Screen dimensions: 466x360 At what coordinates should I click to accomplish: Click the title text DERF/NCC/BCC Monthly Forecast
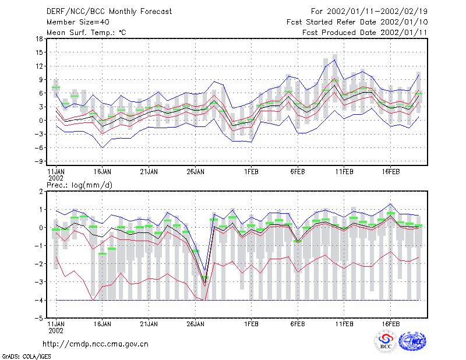pyautogui.click(x=109, y=12)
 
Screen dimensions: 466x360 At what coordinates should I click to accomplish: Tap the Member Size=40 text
pyautogui.click(x=78, y=22)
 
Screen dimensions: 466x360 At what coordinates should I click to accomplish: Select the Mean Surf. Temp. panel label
pyautogui.click(x=86, y=33)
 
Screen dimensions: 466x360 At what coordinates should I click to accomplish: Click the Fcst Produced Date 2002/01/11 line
pyautogui.click(x=365, y=33)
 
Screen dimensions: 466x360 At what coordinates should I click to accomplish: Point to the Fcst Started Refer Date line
pyautogui.click(x=357, y=22)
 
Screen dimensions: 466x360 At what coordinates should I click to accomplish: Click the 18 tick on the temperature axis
pyautogui.click(x=39, y=38)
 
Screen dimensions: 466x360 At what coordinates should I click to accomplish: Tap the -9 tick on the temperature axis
pyautogui.click(x=38, y=161)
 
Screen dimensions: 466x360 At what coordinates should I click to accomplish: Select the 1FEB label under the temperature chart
pyautogui.click(x=251, y=172)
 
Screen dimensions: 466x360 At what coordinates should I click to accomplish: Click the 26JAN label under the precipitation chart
pyautogui.click(x=195, y=324)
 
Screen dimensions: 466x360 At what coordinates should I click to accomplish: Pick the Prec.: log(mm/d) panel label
pyautogui.click(x=79, y=185)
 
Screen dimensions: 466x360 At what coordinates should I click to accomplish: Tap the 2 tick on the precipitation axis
pyautogui.click(x=41, y=192)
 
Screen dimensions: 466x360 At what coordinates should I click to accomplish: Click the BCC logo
pyautogui.click(x=386, y=341)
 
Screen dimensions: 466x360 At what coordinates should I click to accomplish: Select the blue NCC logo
pyautogui.click(x=412, y=341)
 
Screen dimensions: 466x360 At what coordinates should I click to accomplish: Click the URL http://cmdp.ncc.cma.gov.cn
pyautogui.click(x=96, y=344)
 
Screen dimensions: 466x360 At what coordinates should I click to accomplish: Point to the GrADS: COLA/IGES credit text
pyautogui.click(x=26, y=357)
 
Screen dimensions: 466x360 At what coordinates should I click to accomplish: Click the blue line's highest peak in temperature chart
pyautogui.click(x=334, y=60)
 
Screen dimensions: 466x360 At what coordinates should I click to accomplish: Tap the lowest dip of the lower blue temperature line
pyautogui.click(x=103, y=147)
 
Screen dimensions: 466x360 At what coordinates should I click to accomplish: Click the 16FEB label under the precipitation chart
pyautogui.click(x=390, y=324)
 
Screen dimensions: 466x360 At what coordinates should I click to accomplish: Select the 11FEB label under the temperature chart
pyautogui.click(x=344, y=172)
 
